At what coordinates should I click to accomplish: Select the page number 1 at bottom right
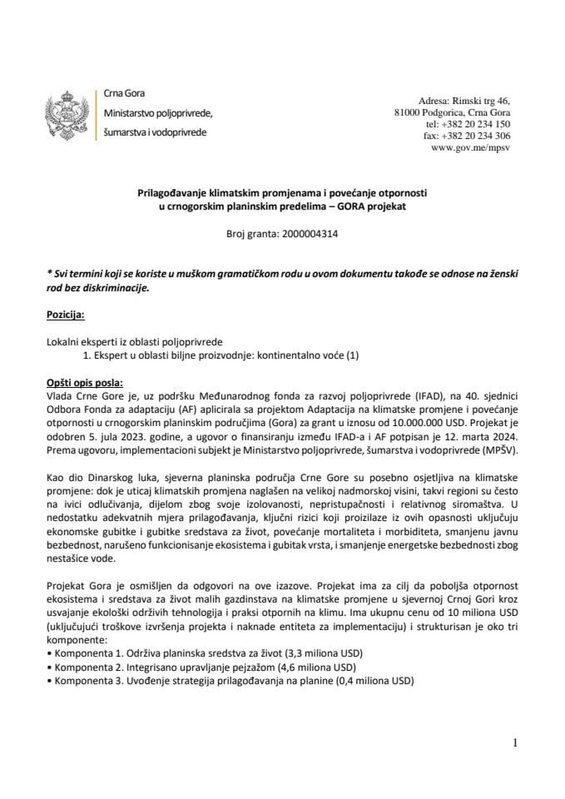[516, 741]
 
